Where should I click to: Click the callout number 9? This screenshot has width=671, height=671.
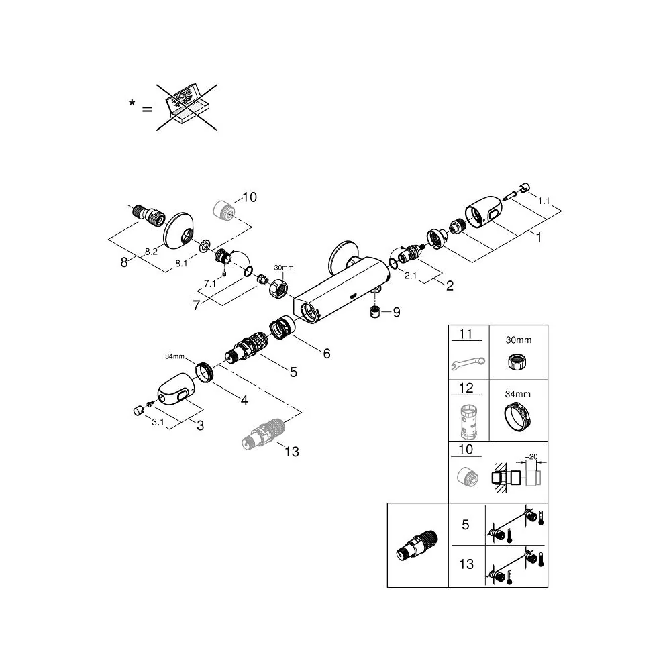click(x=397, y=313)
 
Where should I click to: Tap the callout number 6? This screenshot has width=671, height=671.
click(x=327, y=354)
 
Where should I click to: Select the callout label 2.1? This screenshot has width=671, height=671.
click(x=411, y=276)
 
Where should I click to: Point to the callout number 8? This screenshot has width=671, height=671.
click(x=124, y=262)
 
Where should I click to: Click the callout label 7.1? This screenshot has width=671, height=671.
click(x=209, y=283)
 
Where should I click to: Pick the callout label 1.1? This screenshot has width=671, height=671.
click(x=544, y=201)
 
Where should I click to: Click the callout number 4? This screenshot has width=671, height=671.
click(x=244, y=400)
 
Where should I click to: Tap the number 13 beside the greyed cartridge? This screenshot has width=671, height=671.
click(x=292, y=452)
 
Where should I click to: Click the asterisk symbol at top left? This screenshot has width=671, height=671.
click(x=132, y=103)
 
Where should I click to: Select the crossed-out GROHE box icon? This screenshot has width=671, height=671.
click(x=187, y=107)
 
